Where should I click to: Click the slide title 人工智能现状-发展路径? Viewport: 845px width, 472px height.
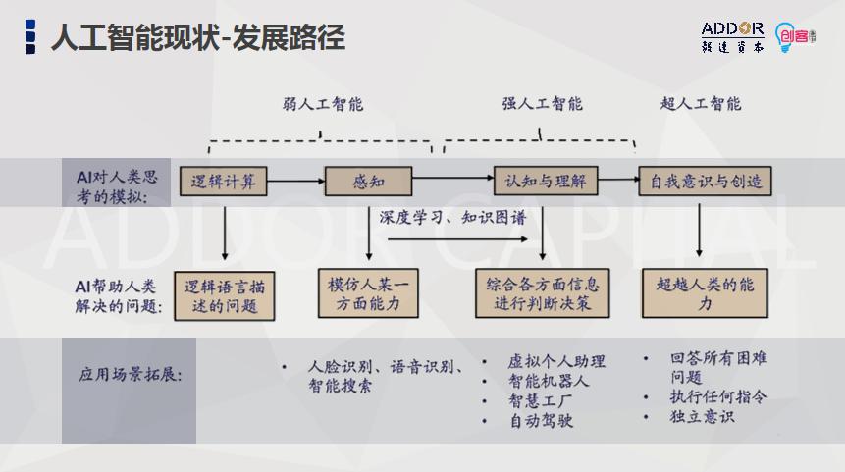197,38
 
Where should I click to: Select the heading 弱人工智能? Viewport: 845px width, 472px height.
323,104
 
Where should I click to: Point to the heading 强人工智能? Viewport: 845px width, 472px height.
542,104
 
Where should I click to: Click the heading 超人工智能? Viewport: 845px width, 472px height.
701,104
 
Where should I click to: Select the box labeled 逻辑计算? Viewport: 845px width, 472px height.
223,181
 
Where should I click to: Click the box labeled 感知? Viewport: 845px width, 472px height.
369,181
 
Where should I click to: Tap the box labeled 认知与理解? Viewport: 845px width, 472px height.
545,181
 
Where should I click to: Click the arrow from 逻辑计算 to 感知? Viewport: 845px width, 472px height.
295,181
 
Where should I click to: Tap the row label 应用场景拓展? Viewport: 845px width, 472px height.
130,375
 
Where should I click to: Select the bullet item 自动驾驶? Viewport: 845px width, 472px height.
541,421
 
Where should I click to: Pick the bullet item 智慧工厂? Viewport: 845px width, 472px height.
541,400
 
